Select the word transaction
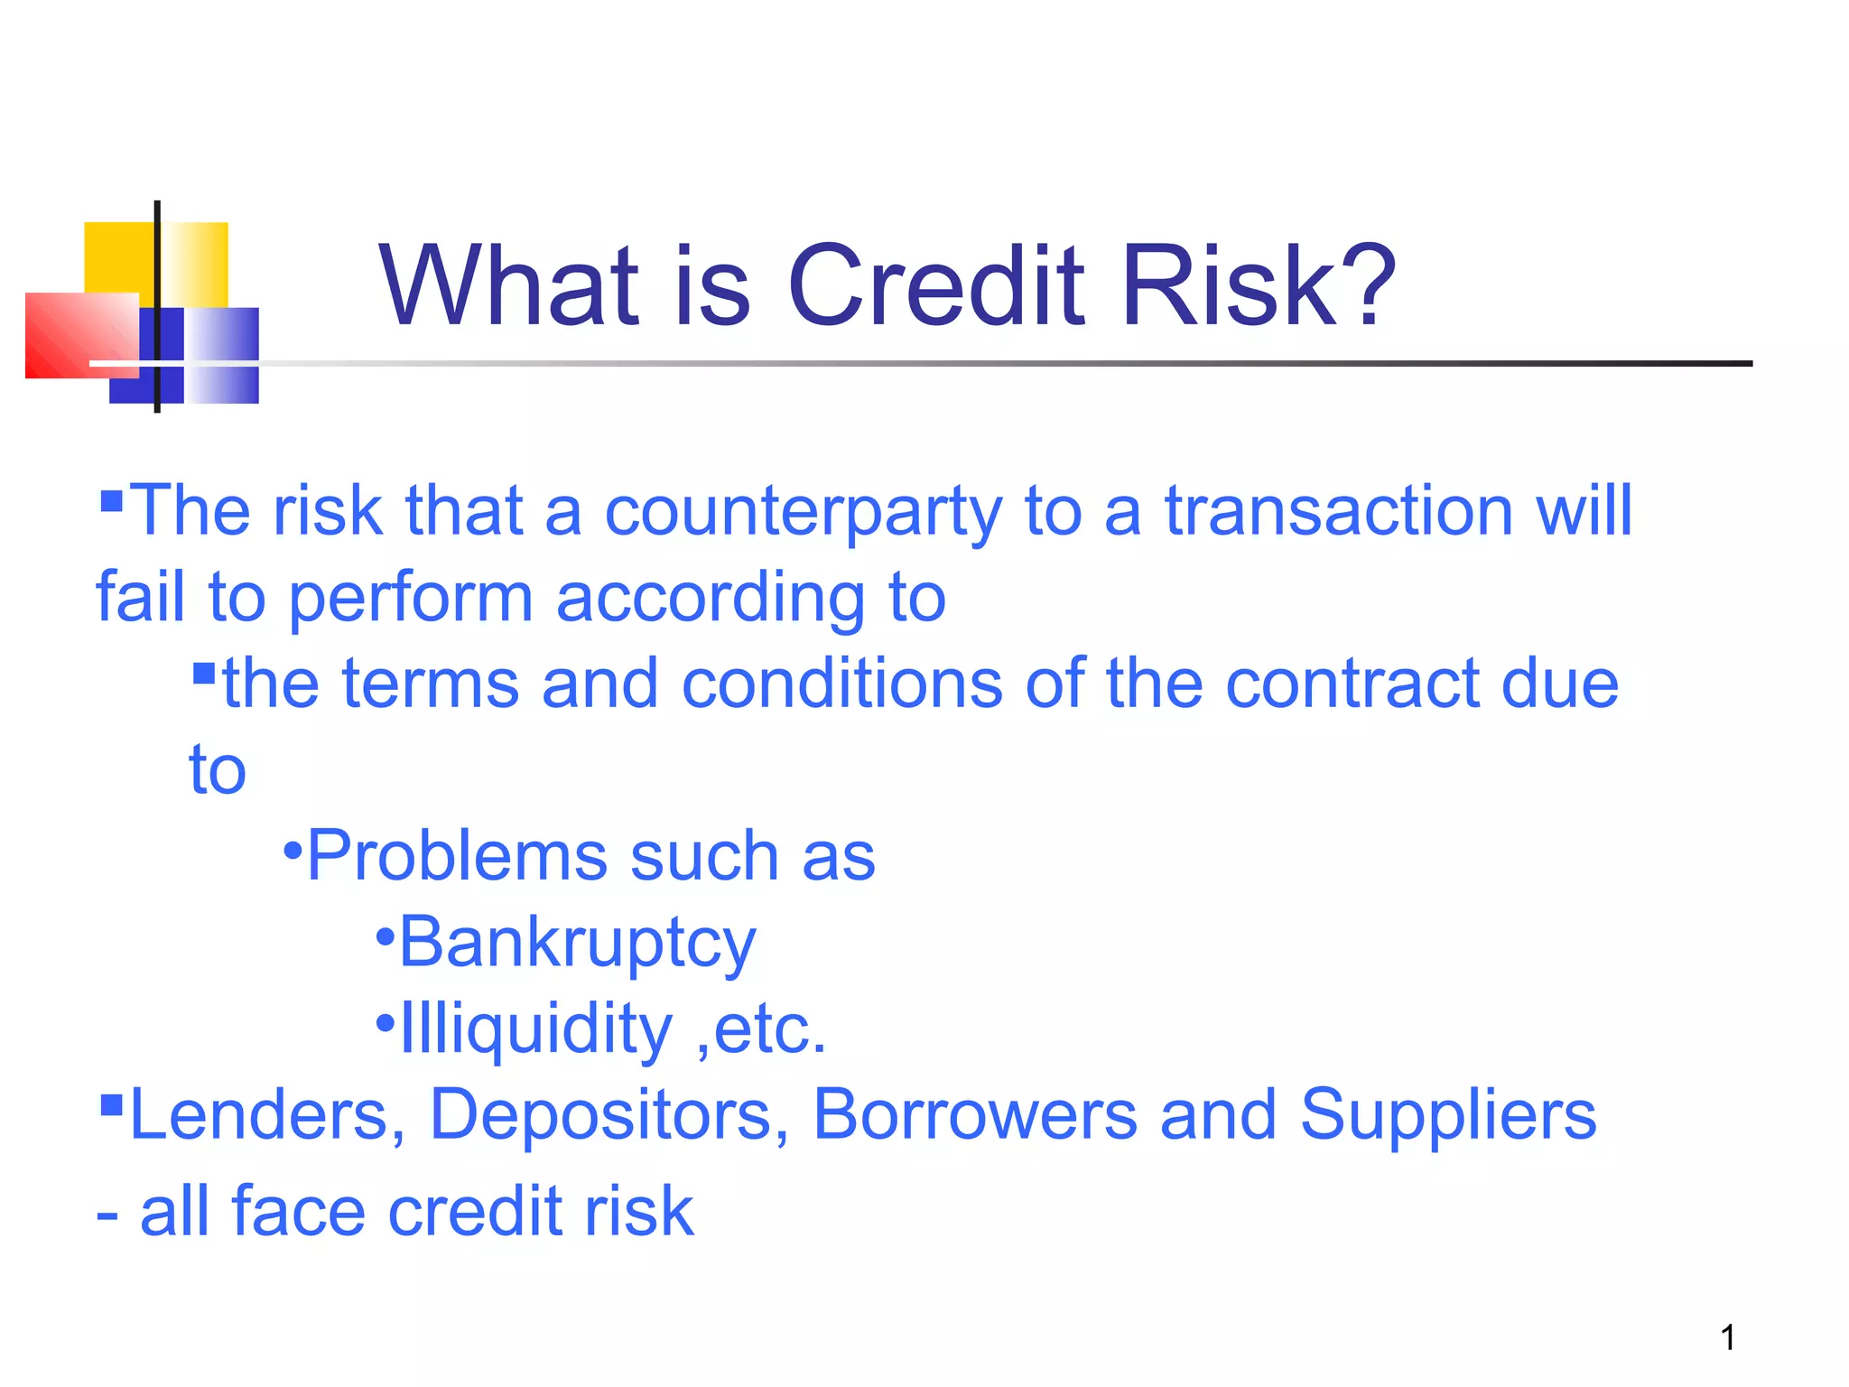point(1338,511)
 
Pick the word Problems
point(456,856)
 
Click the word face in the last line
point(298,1211)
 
